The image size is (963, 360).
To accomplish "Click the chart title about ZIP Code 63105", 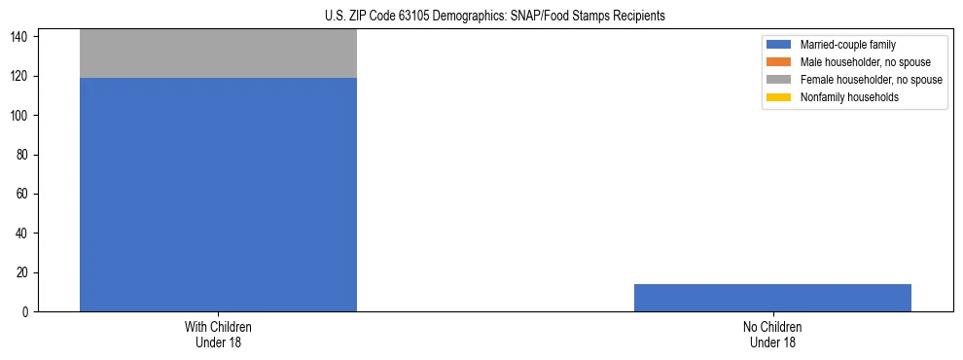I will click(x=495, y=16).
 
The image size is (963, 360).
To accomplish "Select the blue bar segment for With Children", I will click(x=218, y=195).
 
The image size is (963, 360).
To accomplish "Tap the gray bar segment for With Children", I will click(x=218, y=54).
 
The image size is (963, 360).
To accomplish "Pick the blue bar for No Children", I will click(x=772, y=298).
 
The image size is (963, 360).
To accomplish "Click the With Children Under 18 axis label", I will click(x=218, y=334).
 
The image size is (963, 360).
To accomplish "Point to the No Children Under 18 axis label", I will click(x=772, y=334).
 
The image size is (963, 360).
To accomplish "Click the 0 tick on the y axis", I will click(x=26, y=312).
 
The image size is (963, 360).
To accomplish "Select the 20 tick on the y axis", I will click(x=23, y=272).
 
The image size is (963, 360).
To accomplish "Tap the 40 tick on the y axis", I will click(x=23, y=234).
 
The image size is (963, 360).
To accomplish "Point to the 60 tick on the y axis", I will click(x=23, y=195).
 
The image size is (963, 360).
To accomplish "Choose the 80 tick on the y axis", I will click(x=23, y=155).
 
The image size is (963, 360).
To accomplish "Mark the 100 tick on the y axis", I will click(x=20, y=116).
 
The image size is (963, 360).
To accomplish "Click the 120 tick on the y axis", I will click(x=20, y=76).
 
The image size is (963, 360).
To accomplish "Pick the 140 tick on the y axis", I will click(x=20, y=37).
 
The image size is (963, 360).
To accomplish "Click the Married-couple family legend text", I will click(x=848, y=45).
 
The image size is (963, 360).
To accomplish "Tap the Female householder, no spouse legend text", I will click(x=871, y=80).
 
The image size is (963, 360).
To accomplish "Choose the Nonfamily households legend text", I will click(x=849, y=97).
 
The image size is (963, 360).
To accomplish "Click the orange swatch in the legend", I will click(x=779, y=62).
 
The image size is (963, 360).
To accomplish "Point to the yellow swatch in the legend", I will click(x=779, y=97).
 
